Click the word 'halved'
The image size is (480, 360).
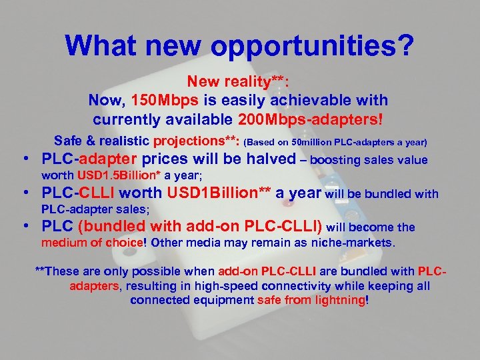pyautogui.click(x=267, y=159)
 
